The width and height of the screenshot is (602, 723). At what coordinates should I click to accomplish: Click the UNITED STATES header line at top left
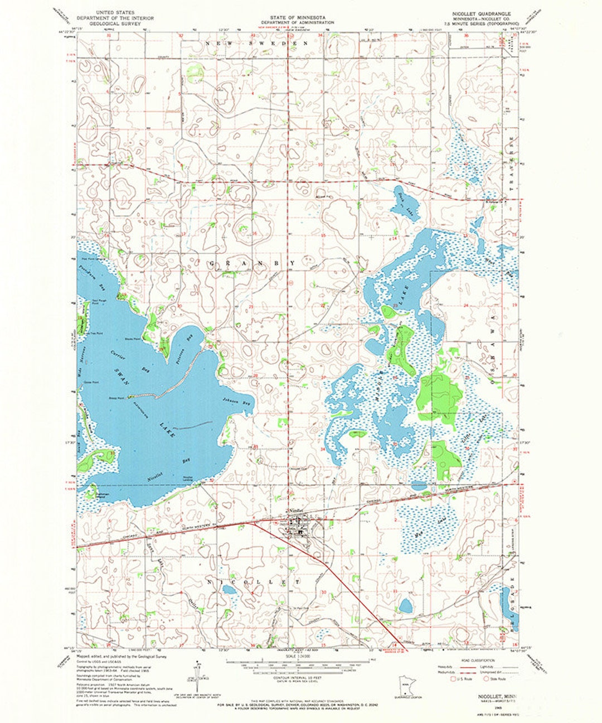tap(115, 11)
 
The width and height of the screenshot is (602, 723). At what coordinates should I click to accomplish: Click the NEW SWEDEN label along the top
tap(257, 43)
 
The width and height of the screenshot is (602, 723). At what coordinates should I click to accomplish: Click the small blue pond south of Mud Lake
tap(406, 605)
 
